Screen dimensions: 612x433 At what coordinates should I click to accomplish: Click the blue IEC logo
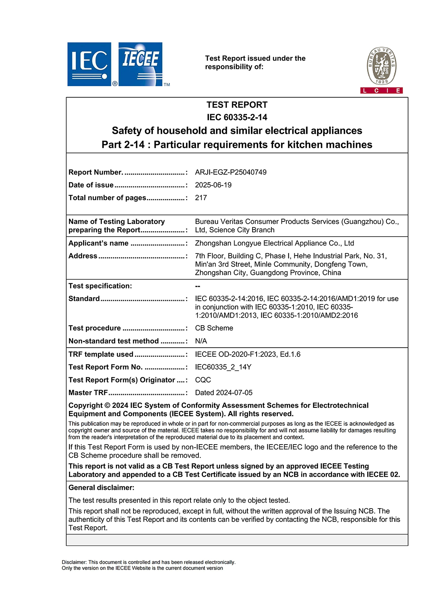[89, 64]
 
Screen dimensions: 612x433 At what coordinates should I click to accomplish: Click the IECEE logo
[140, 64]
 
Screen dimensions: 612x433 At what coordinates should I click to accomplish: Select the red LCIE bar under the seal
[381, 91]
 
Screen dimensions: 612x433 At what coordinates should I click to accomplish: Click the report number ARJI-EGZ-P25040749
[231, 172]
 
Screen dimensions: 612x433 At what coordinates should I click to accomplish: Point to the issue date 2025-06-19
[213, 185]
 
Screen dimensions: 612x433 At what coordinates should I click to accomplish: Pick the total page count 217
[201, 198]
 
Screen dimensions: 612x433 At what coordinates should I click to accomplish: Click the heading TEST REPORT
[237, 105]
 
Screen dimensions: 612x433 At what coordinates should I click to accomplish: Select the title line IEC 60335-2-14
[237, 117]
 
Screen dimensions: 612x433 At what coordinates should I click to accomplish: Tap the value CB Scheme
[214, 328]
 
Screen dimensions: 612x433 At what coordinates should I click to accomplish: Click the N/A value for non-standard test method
[201, 341]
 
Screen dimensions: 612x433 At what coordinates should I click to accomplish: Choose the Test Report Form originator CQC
[203, 380]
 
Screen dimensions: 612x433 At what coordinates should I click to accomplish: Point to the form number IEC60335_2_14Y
[223, 367]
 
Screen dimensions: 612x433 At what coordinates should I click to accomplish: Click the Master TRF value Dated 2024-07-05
[224, 393]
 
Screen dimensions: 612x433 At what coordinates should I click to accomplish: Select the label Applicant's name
[99, 244]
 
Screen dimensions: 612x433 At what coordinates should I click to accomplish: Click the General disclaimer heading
[101, 488]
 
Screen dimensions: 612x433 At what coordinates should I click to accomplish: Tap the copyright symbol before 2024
[107, 406]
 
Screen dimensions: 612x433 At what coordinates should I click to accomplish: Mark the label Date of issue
[91, 185]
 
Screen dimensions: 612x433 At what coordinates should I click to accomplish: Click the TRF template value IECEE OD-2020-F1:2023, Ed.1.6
[248, 354]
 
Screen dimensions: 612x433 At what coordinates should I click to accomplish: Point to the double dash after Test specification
[198, 286]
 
